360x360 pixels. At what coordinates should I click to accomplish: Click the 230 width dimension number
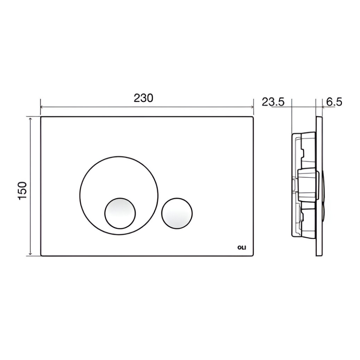pyautogui.click(x=143, y=98)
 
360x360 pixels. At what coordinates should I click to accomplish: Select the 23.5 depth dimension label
pyautogui.click(x=273, y=102)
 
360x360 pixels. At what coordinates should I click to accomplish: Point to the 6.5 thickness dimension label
pyautogui.click(x=334, y=102)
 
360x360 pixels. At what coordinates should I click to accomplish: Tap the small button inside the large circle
pyautogui.click(x=120, y=213)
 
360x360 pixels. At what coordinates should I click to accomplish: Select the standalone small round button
pyautogui.click(x=177, y=213)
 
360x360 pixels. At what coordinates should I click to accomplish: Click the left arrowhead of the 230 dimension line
pyautogui.click(x=42, y=107)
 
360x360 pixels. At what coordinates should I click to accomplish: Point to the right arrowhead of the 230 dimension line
pyautogui.click(x=252, y=107)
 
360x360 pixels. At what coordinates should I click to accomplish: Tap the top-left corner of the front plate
pyautogui.click(x=41, y=117)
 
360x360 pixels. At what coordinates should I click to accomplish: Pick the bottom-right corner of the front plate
pyautogui.click(x=253, y=256)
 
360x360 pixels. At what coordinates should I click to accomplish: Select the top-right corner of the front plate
pyautogui.click(x=253, y=117)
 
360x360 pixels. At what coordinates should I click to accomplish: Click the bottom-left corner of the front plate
pyautogui.click(x=41, y=256)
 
